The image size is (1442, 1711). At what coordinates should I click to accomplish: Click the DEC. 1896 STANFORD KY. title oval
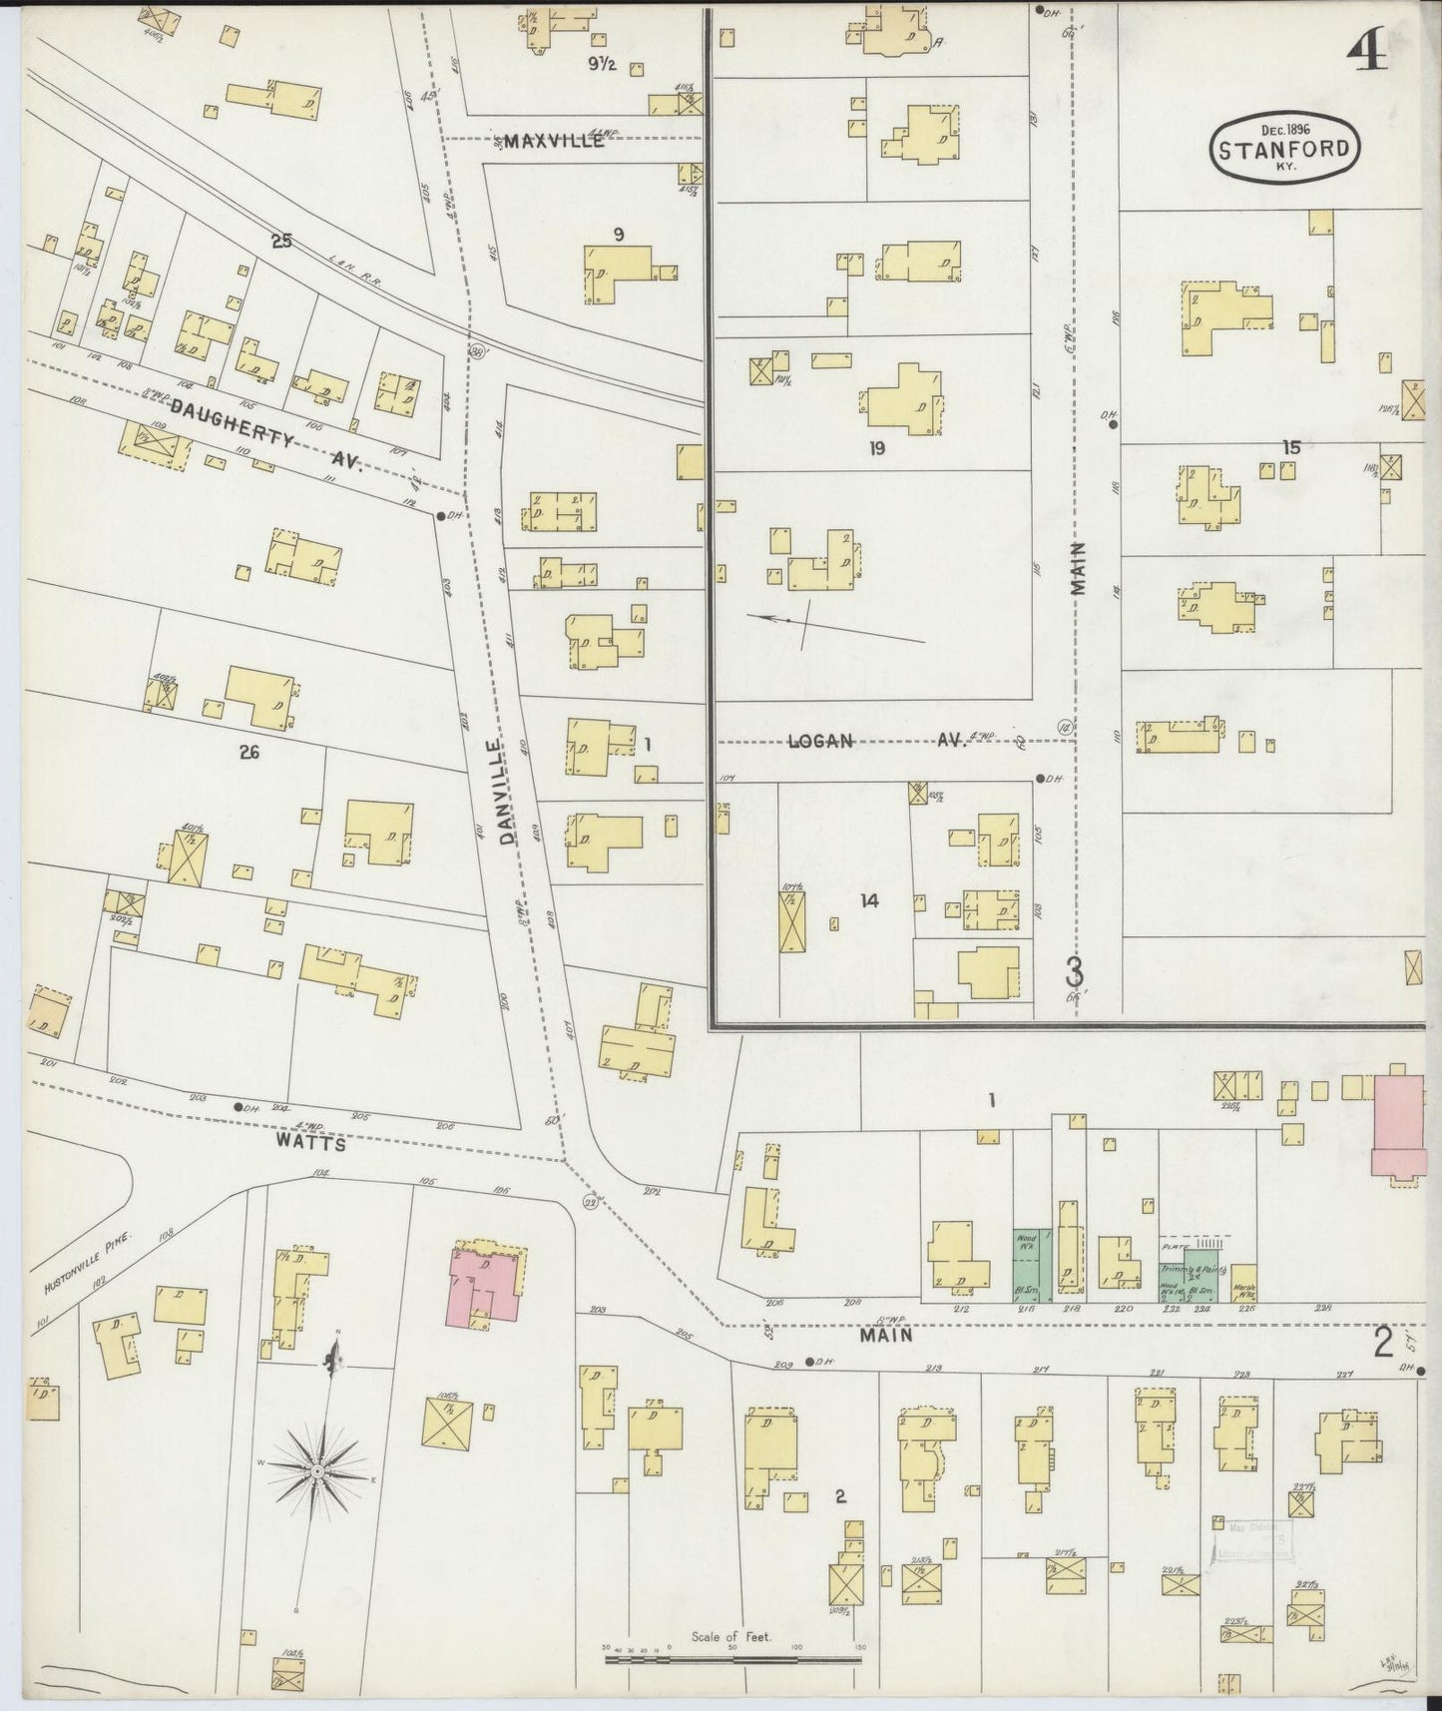[1283, 150]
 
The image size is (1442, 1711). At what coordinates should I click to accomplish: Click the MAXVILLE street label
[554, 141]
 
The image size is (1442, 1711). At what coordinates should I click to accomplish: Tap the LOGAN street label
[820, 741]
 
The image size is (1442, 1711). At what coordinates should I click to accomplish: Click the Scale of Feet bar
[732, 1660]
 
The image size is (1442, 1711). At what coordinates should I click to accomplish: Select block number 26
[248, 753]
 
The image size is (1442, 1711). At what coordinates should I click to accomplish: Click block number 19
[876, 449]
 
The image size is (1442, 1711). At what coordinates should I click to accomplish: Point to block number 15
[1291, 447]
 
